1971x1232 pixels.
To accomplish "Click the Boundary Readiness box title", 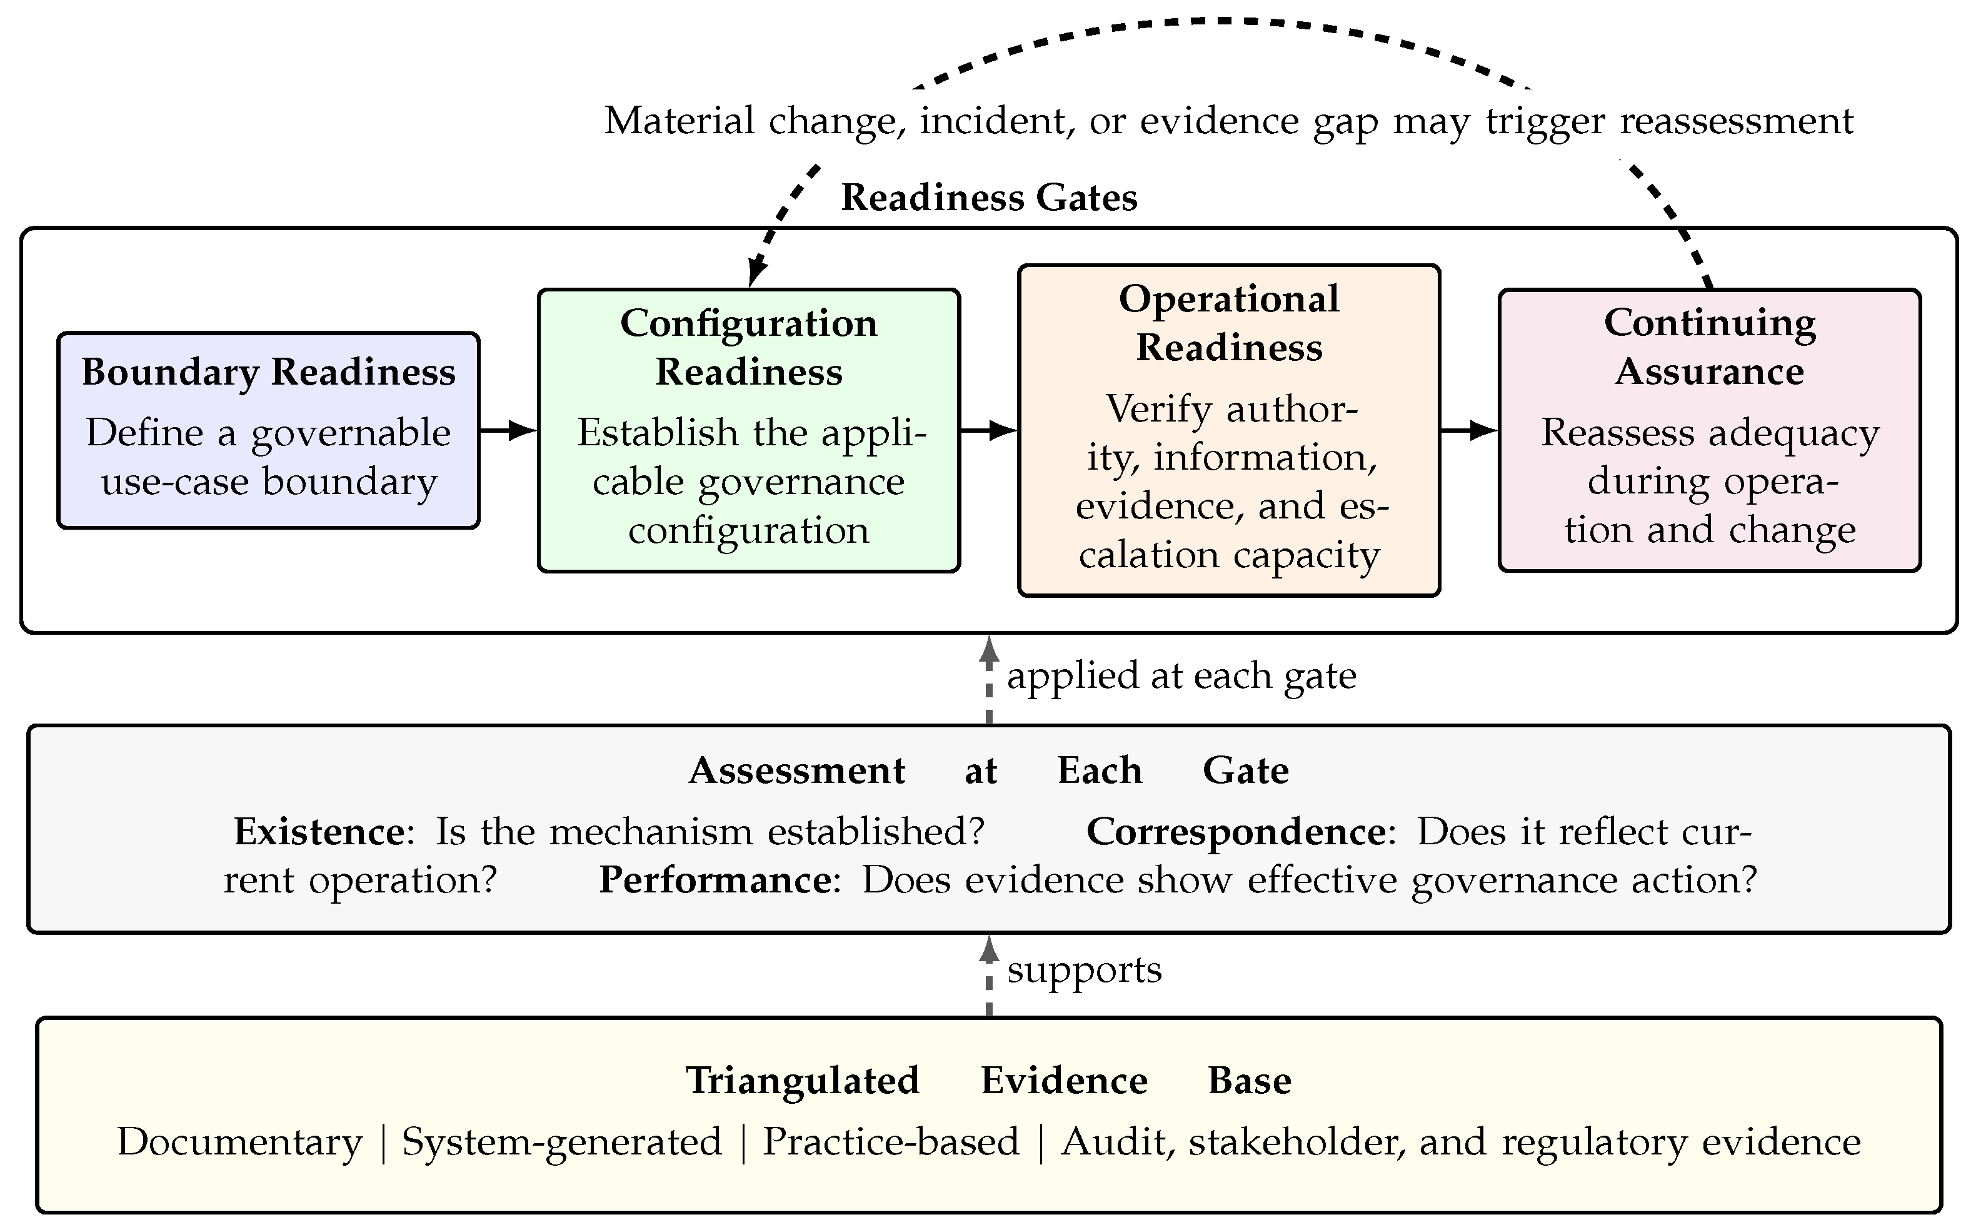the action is (268, 372).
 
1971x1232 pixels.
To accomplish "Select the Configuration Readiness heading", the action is (748, 347).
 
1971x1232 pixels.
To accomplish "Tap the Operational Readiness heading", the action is (1229, 323).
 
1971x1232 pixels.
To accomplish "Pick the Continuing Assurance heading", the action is (1710, 347).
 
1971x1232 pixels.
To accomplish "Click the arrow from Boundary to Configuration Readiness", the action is (508, 430).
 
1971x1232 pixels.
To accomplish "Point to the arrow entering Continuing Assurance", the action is (1469, 430).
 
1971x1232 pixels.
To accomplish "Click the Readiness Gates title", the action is (989, 198).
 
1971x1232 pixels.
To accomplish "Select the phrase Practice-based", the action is (891, 1141).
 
